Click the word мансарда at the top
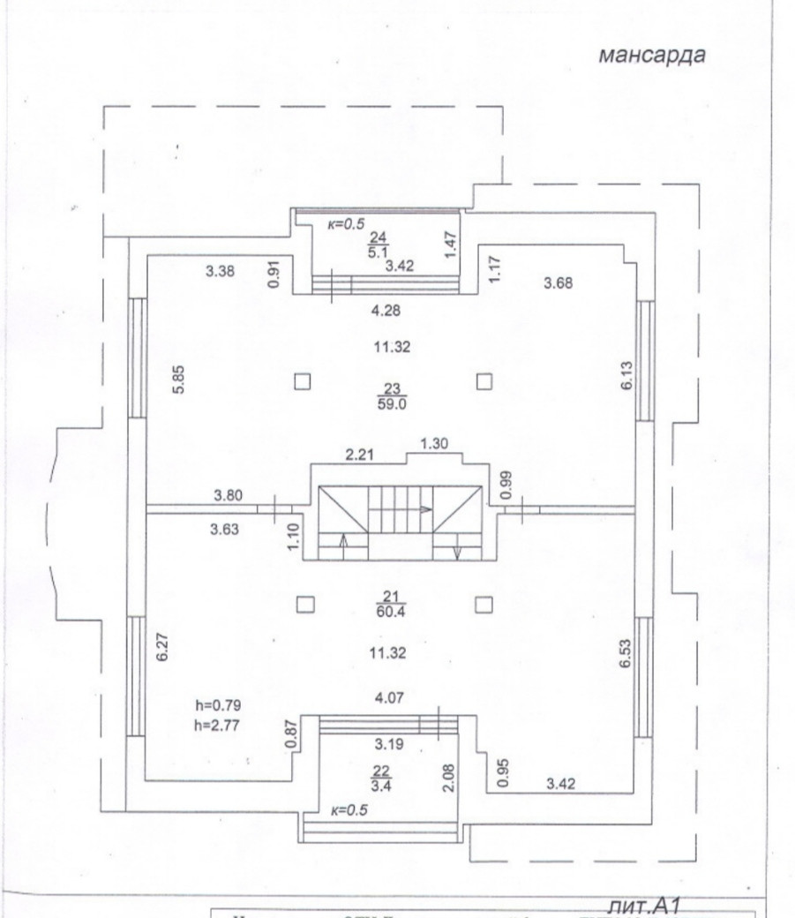point(652,56)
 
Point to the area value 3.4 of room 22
point(383,781)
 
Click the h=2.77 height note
point(217,723)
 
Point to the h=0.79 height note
point(217,704)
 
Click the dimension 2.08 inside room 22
point(448,778)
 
